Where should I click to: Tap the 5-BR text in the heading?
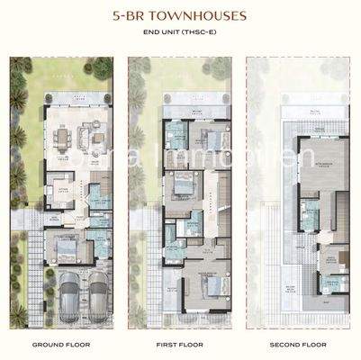coord(129,15)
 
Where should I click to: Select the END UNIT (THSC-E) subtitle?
coord(180,33)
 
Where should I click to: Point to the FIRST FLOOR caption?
coord(179,345)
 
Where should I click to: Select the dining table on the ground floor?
coord(64,138)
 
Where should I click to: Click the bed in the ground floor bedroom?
coord(68,247)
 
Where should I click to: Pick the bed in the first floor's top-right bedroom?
coord(212,140)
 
